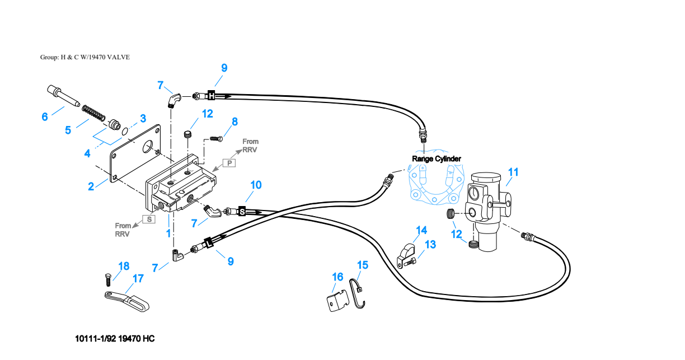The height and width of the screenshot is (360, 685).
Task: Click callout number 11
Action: (513, 172)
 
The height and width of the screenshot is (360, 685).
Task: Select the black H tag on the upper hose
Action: (212, 95)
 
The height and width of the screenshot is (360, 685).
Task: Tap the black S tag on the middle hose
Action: (242, 211)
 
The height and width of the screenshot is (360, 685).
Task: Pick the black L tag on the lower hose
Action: (209, 243)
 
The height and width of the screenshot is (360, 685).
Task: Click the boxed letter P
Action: (229, 163)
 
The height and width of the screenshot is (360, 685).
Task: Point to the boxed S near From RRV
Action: (149, 219)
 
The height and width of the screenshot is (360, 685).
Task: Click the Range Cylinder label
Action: (437, 159)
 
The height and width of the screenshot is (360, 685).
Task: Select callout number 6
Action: (45, 116)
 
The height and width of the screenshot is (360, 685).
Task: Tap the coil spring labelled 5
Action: (93, 113)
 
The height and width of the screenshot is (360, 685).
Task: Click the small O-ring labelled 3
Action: (125, 132)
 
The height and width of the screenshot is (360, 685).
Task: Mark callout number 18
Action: (124, 266)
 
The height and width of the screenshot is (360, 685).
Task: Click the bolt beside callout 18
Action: (108, 279)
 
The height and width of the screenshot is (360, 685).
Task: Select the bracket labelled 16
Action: (338, 301)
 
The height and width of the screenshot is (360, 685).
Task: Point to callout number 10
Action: (256, 185)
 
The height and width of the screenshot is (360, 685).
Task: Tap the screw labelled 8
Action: (216, 139)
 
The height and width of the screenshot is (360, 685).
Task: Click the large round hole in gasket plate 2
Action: (148, 147)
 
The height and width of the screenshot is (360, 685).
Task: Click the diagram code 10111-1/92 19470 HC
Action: (115, 339)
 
